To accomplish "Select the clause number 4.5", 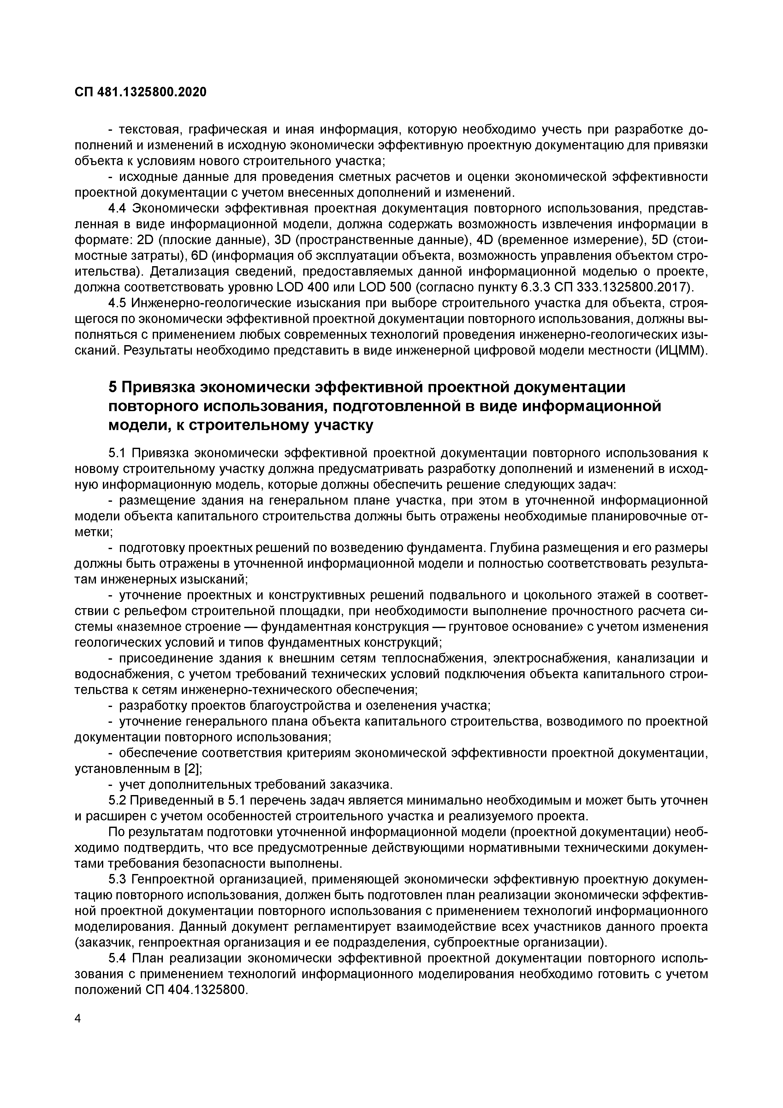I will (118, 303).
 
